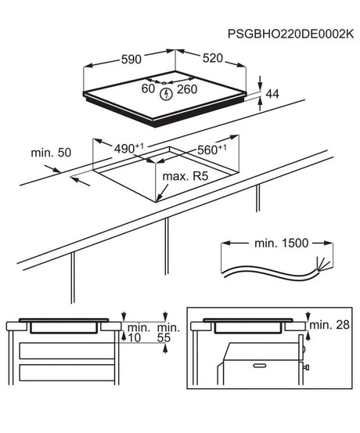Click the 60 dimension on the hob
(x=147, y=89)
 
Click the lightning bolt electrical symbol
(x=166, y=95)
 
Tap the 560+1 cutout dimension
(x=210, y=149)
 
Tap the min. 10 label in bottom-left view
(x=135, y=333)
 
